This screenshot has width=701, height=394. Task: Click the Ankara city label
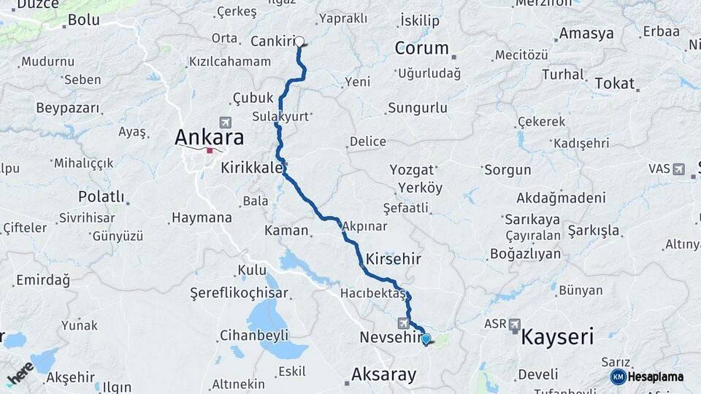tap(209, 137)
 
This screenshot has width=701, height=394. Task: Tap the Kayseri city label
tap(556, 336)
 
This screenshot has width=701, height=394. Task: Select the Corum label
tap(421, 48)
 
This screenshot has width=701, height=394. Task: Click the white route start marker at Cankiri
tap(299, 42)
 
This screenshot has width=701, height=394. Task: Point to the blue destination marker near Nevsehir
tap(426, 339)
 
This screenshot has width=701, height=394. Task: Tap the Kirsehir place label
tap(394, 259)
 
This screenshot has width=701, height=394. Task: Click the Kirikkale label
tap(252, 168)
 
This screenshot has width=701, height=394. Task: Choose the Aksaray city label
tap(384, 374)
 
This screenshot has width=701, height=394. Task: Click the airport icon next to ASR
tap(515, 323)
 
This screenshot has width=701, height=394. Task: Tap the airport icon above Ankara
tap(224, 122)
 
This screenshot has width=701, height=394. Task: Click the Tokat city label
tap(614, 83)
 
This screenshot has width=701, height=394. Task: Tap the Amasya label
tap(586, 34)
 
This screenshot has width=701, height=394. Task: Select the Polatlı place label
tap(101, 197)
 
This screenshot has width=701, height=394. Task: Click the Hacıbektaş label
tap(372, 293)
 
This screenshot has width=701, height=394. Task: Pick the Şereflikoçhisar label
tap(239, 293)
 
